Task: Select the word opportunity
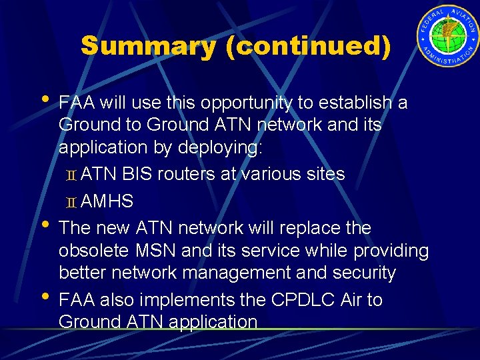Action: pyautogui.click(x=239, y=103)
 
